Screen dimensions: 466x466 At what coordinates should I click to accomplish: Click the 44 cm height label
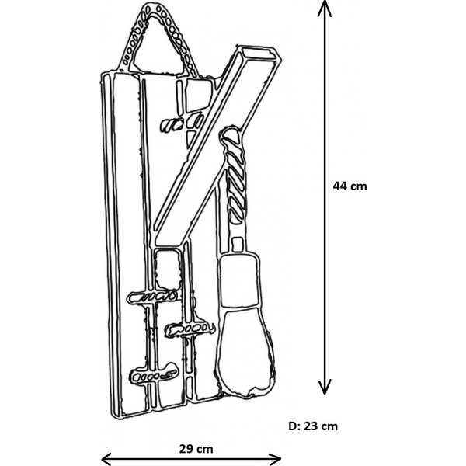tap(349, 186)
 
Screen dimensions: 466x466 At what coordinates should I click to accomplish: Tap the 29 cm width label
tap(196, 449)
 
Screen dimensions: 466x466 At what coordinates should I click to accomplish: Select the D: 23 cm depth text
tap(313, 426)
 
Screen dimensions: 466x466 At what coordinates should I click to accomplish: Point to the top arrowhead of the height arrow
tap(325, 9)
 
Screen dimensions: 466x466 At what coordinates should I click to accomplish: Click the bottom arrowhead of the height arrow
tap(325, 387)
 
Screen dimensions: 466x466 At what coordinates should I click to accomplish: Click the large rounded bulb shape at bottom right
tap(245, 353)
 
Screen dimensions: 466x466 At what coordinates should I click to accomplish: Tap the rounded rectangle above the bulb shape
tap(239, 280)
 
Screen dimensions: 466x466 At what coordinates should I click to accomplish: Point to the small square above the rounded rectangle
tap(237, 245)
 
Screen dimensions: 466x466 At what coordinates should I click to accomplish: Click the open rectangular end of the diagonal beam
tap(258, 54)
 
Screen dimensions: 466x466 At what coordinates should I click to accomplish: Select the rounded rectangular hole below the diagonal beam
tap(168, 270)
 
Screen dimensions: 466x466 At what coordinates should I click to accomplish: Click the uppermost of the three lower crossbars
tap(152, 297)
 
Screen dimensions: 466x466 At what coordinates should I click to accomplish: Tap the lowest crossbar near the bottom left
tap(153, 374)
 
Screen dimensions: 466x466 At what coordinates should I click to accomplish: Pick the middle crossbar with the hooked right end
tap(190, 329)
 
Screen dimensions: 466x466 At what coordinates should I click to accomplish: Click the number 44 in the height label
tap(339, 186)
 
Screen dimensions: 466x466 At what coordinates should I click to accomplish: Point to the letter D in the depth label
tap(292, 426)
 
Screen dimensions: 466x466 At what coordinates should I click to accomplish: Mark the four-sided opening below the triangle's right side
tap(198, 96)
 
